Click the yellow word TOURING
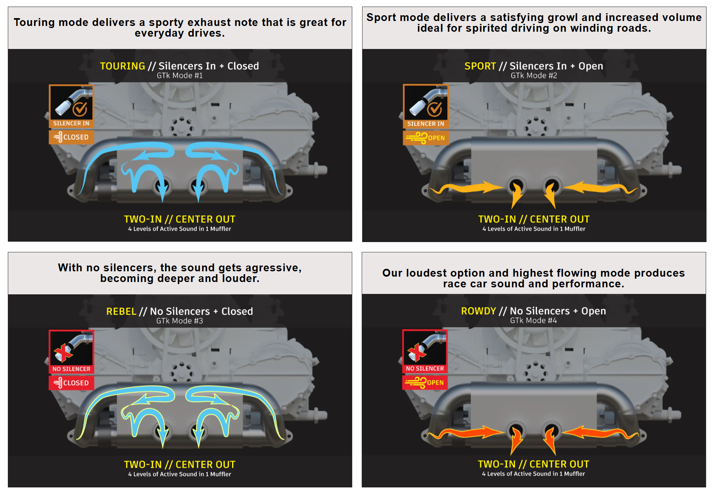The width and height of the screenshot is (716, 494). tap(122, 66)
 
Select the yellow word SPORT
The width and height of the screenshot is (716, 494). tap(480, 66)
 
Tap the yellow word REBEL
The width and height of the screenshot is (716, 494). tap(121, 311)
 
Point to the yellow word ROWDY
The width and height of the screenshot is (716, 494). tap(478, 311)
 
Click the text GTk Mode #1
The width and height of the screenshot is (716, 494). tap(180, 76)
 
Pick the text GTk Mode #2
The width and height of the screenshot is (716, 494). tap(534, 76)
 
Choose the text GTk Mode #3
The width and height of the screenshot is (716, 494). tap(179, 321)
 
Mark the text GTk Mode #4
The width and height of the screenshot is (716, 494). tap(533, 321)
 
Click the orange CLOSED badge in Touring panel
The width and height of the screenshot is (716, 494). tap(72, 137)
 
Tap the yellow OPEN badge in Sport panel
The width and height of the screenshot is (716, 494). tap(425, 138)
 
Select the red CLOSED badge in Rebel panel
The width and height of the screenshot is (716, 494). tap(72, 383)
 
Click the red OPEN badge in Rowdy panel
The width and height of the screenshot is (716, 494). tap(425, 382)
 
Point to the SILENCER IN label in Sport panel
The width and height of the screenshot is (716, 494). tap(425, 123)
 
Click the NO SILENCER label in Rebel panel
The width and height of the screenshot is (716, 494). tap(71, 369)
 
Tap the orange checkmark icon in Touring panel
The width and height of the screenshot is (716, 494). tap(80, 109)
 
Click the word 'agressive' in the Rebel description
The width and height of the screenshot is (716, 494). tap(273, 268)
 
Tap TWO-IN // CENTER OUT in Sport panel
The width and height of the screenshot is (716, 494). tap(534, 219)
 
